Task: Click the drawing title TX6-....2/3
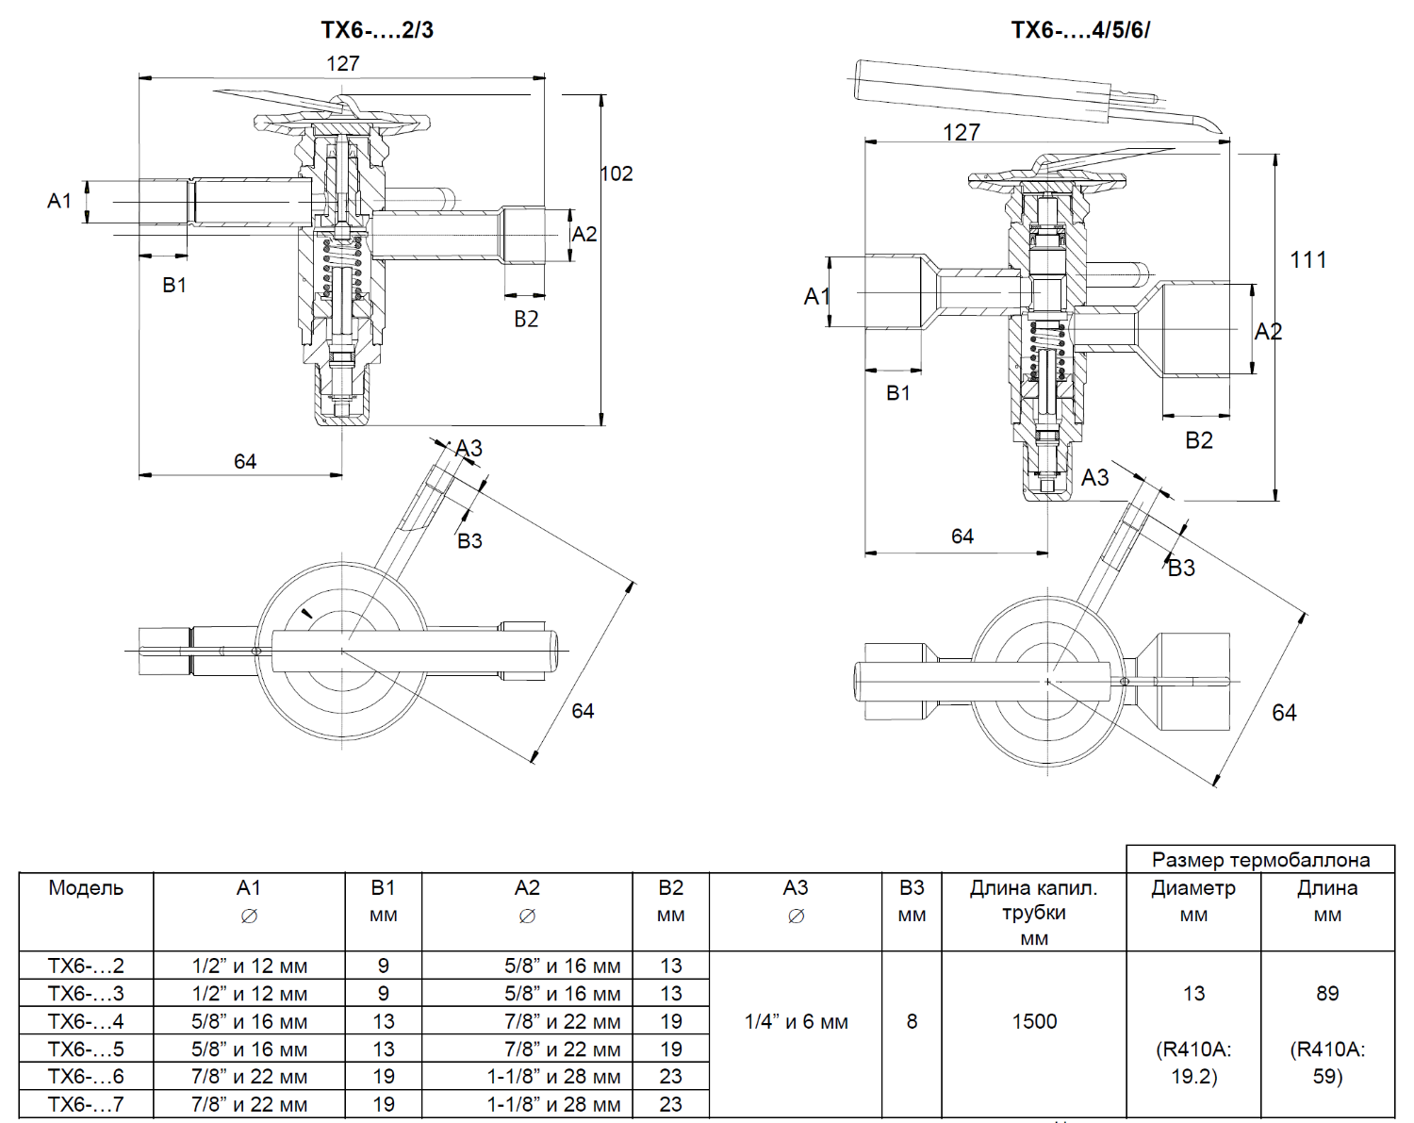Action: click(x=377, y=30)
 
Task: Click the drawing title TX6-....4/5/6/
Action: click(x=1080, y=30)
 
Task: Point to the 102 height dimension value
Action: click(x=617, y=173)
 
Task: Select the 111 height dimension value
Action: click(x=1307, y=259)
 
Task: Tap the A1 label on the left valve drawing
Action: click(x=59, y=201)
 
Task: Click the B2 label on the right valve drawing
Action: click(x=1198, y=440)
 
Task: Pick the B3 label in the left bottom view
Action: click(x=469, y=541)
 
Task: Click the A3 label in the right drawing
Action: click(x=1094, y=478)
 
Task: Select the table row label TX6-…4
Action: click(x=86, y=1021)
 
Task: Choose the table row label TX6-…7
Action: click(x=86, y=1104)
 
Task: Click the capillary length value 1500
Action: click(x=1034, y=1021)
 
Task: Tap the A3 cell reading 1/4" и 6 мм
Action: click(x=796, y=1021)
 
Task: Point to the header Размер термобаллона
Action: click(x=1260, y=860)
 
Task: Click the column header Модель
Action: click(x=86, y=888)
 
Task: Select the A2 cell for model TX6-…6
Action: click(x=553, y=1077)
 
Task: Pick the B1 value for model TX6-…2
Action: click(x=383, y=966)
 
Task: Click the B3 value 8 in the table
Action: click(x=912, y=1021)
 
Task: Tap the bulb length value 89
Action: click(x=1327, y=994)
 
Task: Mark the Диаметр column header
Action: click(x=1193, y=888)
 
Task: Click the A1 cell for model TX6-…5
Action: click(x=249, y=1049)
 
